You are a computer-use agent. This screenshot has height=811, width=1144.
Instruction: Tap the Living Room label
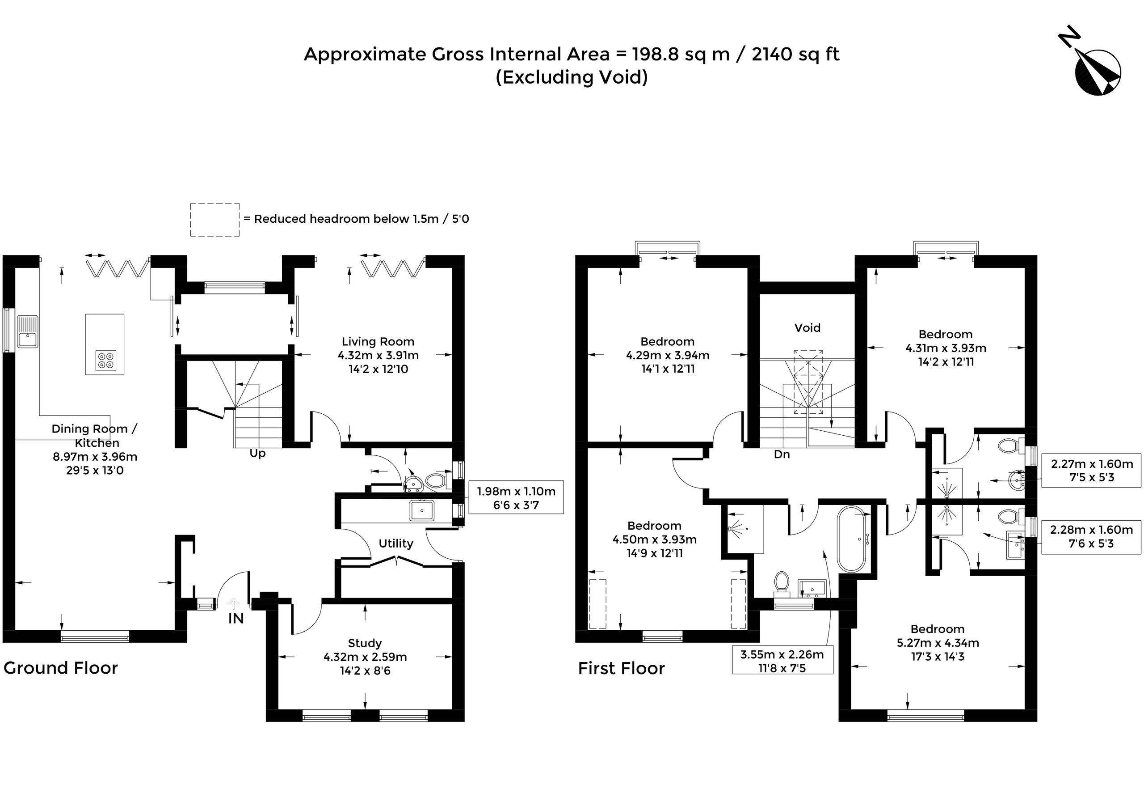(378, 342)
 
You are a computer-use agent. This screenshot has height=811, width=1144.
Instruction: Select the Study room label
(365, 643)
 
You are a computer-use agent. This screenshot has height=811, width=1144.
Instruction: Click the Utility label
(395, 543)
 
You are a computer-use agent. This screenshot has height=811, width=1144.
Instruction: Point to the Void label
(807, 327)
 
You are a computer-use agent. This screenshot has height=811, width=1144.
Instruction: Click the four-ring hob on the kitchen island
(106, 360)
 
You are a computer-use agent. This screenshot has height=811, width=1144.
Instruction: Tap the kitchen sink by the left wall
(28, 331)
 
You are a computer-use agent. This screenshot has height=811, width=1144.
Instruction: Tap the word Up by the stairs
(257, 454)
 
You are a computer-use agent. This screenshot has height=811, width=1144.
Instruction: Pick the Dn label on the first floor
(782, 454)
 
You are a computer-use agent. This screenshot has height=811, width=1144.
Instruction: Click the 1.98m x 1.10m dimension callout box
(516, 498)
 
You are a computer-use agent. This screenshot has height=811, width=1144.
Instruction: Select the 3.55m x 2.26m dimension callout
(782, 661)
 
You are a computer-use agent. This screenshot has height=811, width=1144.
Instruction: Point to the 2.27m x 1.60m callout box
(1091, 471)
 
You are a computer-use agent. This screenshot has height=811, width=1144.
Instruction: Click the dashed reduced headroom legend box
(214, 220)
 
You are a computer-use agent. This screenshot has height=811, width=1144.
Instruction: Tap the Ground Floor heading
(61, 668)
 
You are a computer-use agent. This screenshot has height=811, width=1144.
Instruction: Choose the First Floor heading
(621, 669)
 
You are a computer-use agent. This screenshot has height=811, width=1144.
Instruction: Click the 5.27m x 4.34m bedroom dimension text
(938, 643)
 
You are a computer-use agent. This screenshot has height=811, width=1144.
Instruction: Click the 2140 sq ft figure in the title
(796, 54)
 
